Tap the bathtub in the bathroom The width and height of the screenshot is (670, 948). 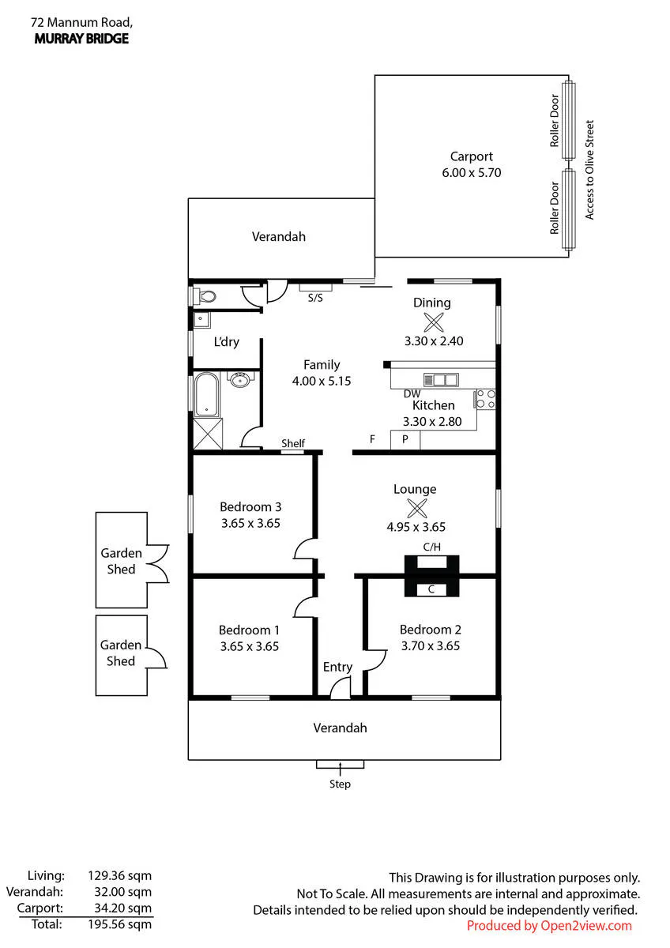206,394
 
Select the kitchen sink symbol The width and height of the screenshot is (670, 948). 441,380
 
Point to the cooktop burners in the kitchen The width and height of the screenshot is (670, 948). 485,399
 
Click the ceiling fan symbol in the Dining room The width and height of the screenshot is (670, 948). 434,322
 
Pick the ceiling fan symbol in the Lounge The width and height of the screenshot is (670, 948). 417,508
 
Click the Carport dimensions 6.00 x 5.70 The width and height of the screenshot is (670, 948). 471,173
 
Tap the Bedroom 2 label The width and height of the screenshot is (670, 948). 430,630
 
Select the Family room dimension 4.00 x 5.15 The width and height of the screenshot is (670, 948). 322,381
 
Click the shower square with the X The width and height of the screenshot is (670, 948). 208,434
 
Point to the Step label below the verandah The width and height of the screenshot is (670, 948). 340,784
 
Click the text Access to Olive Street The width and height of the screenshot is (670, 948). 589,170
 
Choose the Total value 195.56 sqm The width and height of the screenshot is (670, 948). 120,924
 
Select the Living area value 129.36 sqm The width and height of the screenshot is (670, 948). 120,875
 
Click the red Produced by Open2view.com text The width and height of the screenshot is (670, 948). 549,926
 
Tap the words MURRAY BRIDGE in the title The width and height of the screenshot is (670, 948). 81,39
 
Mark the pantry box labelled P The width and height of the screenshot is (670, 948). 405,440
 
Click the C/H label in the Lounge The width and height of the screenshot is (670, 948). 431,547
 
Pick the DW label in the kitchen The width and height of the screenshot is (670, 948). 412,394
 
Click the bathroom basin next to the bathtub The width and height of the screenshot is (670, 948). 240,379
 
